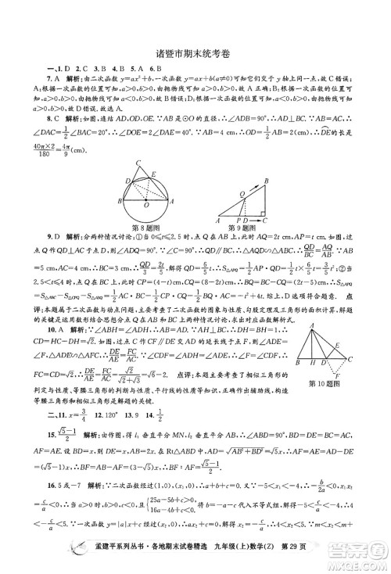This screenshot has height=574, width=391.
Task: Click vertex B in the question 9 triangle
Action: [x=267, y=160]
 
